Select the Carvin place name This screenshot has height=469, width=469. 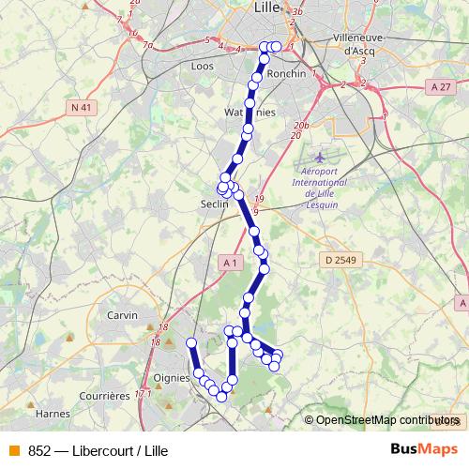click(x=123, y=315)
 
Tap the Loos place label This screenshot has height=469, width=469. click(x=202, y=67)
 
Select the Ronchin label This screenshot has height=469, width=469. click(x=287, y=72)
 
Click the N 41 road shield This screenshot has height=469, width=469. click(x=82, y=108)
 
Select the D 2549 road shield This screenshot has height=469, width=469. click(x=342, y=259)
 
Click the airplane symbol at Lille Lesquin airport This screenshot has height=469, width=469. click(x=324, y=155)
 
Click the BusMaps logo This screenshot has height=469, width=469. click(x=424, y=449)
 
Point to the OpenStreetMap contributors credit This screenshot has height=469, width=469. click(x=383, y=420)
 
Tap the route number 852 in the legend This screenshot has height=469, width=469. click(x=39, y=450)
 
